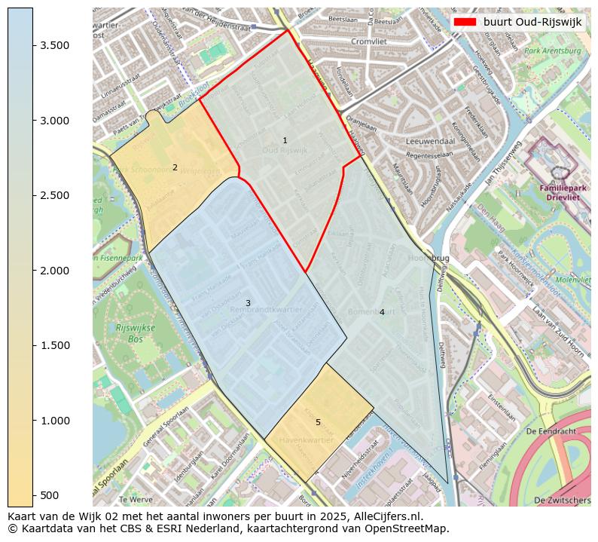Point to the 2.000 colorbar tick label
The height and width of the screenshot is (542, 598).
54,271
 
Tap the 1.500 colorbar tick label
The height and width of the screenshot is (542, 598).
54,345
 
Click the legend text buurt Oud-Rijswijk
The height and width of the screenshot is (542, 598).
532,22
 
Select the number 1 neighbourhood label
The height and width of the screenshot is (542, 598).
285,141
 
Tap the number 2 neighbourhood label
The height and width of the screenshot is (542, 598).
175,167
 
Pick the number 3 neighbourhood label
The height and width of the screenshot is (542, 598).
248,303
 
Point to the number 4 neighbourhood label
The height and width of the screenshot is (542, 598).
382,312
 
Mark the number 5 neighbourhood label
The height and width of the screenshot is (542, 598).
318,422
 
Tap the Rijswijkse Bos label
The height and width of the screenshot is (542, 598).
114,332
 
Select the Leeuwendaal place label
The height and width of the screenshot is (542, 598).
427,141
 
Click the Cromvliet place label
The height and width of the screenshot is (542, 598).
368,41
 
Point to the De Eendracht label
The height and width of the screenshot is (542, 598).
551,431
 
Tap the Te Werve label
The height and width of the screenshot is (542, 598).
136,499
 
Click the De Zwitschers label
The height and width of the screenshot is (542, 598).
562,500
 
